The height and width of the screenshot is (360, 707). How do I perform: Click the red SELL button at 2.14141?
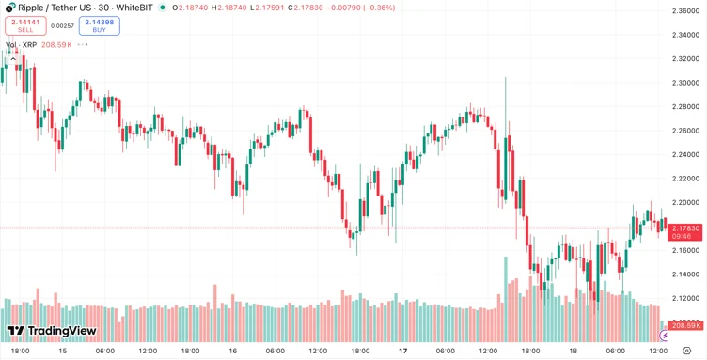tap(25, 25)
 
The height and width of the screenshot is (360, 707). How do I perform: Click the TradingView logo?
tap(52, 331)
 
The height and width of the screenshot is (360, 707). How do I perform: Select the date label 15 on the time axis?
tap(62, 351)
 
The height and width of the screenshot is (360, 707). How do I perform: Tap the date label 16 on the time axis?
tap(232, 351)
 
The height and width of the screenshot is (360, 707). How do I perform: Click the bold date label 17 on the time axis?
tap(402, 351)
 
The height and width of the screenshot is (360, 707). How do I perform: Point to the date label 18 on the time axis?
tap(573, 351)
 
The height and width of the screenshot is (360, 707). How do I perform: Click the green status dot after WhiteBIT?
tap(163, 8)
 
